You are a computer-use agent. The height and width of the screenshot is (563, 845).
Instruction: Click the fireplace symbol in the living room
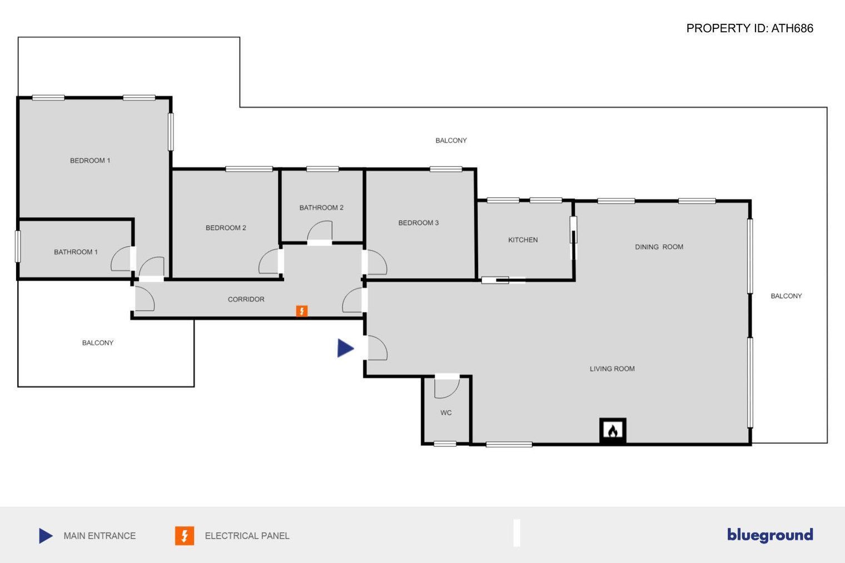click(x=613, y=430)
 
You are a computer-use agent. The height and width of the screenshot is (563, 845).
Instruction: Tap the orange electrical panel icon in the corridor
click(x=301, y=311)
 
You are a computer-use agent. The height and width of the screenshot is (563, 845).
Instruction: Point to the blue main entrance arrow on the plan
click(x=345, y=348)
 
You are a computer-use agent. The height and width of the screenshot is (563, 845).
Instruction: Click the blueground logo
click(x=770, y=535)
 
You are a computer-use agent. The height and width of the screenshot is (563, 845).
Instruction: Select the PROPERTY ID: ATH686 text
click(x=749, y=28)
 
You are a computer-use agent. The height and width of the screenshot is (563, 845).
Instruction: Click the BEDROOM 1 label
click(x=90, y=161)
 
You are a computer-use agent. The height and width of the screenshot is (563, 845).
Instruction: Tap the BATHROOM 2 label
click(x=321, y=208)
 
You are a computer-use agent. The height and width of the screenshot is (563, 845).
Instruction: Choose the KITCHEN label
click(x=523, y=240)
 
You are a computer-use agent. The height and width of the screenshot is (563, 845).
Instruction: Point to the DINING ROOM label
click(x=659, y=247)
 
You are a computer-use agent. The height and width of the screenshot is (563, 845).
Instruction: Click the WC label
click(x=446, y=413)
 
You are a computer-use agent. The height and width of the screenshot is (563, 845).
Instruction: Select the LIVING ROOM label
click(x=612, y=369)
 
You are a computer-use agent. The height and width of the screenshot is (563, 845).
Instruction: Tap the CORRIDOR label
click(x=246, y=300)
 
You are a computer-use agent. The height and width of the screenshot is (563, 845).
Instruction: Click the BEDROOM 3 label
click(x=419, y=223)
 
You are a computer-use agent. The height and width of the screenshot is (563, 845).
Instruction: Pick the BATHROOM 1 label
click(x=76, y=252)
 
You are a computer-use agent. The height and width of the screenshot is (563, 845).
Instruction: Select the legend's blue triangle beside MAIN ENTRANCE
click(x=46, y=536)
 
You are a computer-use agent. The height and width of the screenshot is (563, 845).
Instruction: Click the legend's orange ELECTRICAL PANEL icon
click(x=185, y=536)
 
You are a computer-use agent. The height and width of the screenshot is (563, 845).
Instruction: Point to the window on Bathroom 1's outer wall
click(x=18, y=246)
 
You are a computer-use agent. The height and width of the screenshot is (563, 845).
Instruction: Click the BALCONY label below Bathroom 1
click(x=98, y=343)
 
